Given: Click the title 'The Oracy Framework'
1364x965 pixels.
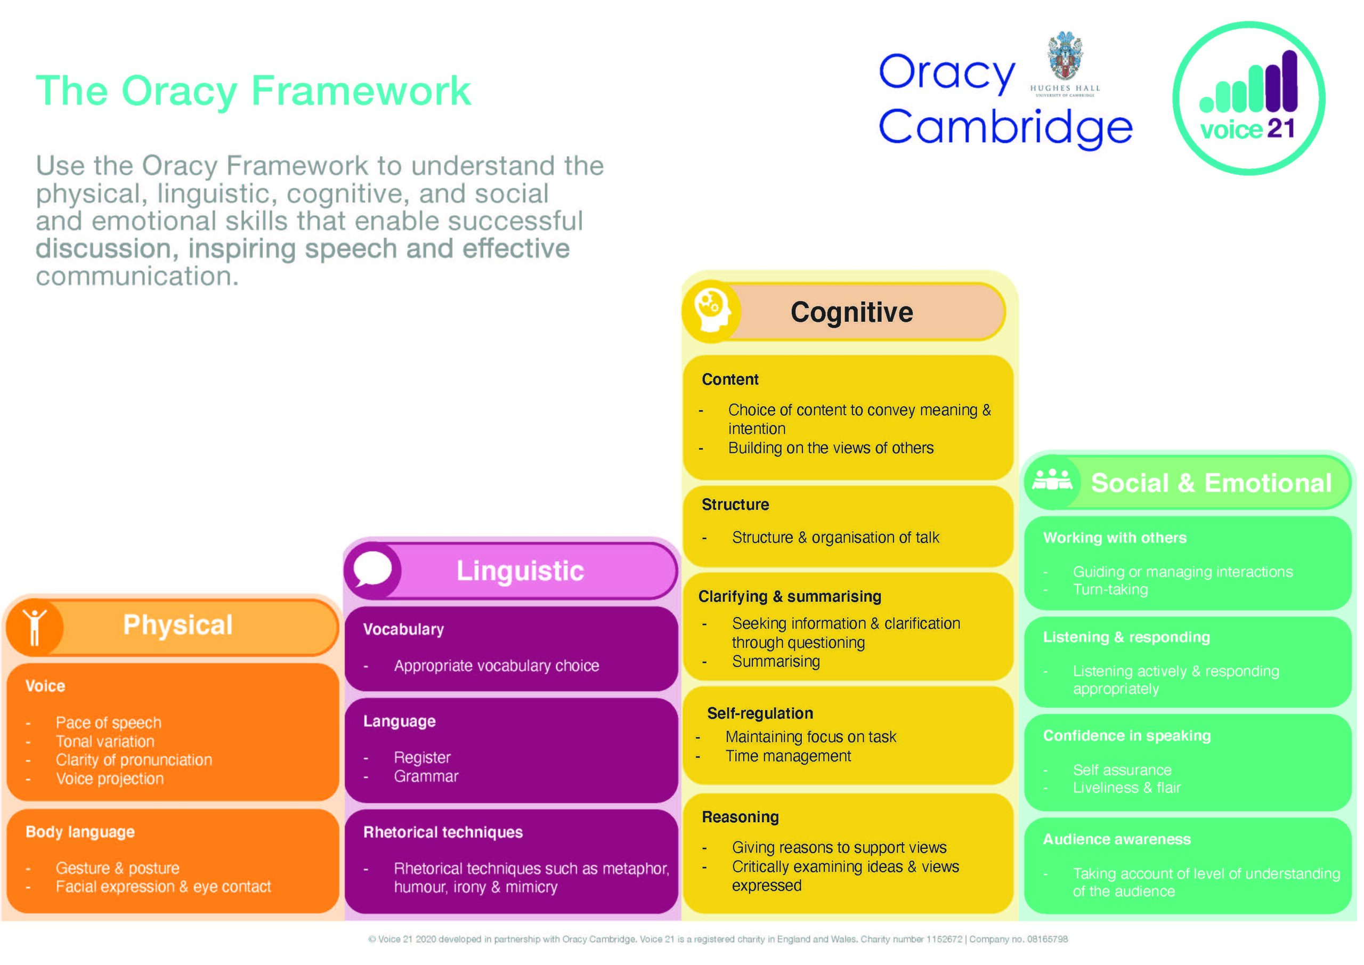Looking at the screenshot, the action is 254,91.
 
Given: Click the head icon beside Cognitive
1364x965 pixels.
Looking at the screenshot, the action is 712,311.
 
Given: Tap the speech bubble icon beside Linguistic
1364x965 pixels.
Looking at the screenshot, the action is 372,569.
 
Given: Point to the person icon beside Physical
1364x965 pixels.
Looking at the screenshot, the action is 35,627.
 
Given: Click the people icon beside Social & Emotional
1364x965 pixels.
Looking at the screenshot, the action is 1052,480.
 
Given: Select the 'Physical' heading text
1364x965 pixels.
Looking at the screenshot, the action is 177,625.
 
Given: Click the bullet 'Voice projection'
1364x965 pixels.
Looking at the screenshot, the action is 110,779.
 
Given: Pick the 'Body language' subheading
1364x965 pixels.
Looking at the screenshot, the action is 80,832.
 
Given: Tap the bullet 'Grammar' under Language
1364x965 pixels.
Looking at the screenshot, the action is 426,776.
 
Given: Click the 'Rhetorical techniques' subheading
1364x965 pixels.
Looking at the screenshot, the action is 443,832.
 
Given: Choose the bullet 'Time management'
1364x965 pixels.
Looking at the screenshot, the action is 789,756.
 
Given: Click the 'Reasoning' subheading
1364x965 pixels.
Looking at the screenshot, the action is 740,817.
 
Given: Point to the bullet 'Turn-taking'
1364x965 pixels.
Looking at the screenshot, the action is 1110,589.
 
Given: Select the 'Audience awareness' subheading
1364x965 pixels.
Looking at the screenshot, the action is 1117,839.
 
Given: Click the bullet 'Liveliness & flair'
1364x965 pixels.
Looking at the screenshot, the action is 1126,788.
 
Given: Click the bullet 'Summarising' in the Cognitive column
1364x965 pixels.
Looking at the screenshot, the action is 776,661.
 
